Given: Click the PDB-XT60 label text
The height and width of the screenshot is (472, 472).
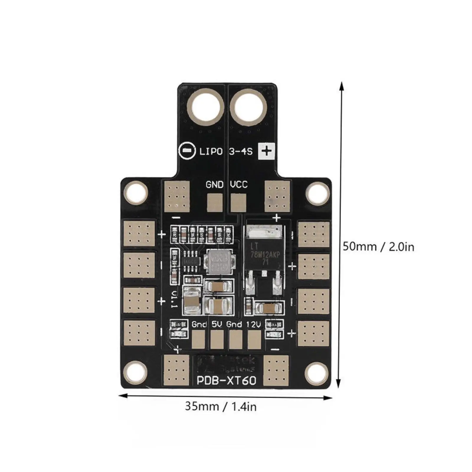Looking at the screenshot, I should (226, 381).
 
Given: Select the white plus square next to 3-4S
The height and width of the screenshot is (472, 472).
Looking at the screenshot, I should (267, 152).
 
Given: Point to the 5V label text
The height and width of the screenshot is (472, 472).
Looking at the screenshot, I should (217, 324).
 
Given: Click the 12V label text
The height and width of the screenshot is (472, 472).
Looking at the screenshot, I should (253, 324).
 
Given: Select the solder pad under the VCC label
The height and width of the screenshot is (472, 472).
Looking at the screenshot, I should (238, 203).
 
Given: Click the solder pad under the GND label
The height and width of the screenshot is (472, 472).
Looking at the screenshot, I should (215, 203).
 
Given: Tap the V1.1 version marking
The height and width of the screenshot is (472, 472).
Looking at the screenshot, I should (174, 299).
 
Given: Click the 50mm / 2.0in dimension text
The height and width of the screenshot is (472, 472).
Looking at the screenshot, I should (378, 247).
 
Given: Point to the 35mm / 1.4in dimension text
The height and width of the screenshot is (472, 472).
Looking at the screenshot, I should (221, 407).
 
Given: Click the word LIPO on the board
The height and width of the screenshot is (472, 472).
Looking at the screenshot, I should (211, 152).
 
